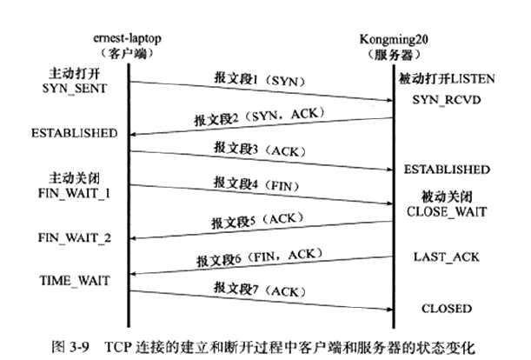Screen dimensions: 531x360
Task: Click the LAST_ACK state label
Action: pos(445,258)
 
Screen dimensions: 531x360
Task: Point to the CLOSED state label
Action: pos(446,308)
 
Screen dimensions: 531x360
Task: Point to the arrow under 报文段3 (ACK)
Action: pos(261,160)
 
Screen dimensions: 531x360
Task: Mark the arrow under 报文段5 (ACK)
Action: pos(261,230)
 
